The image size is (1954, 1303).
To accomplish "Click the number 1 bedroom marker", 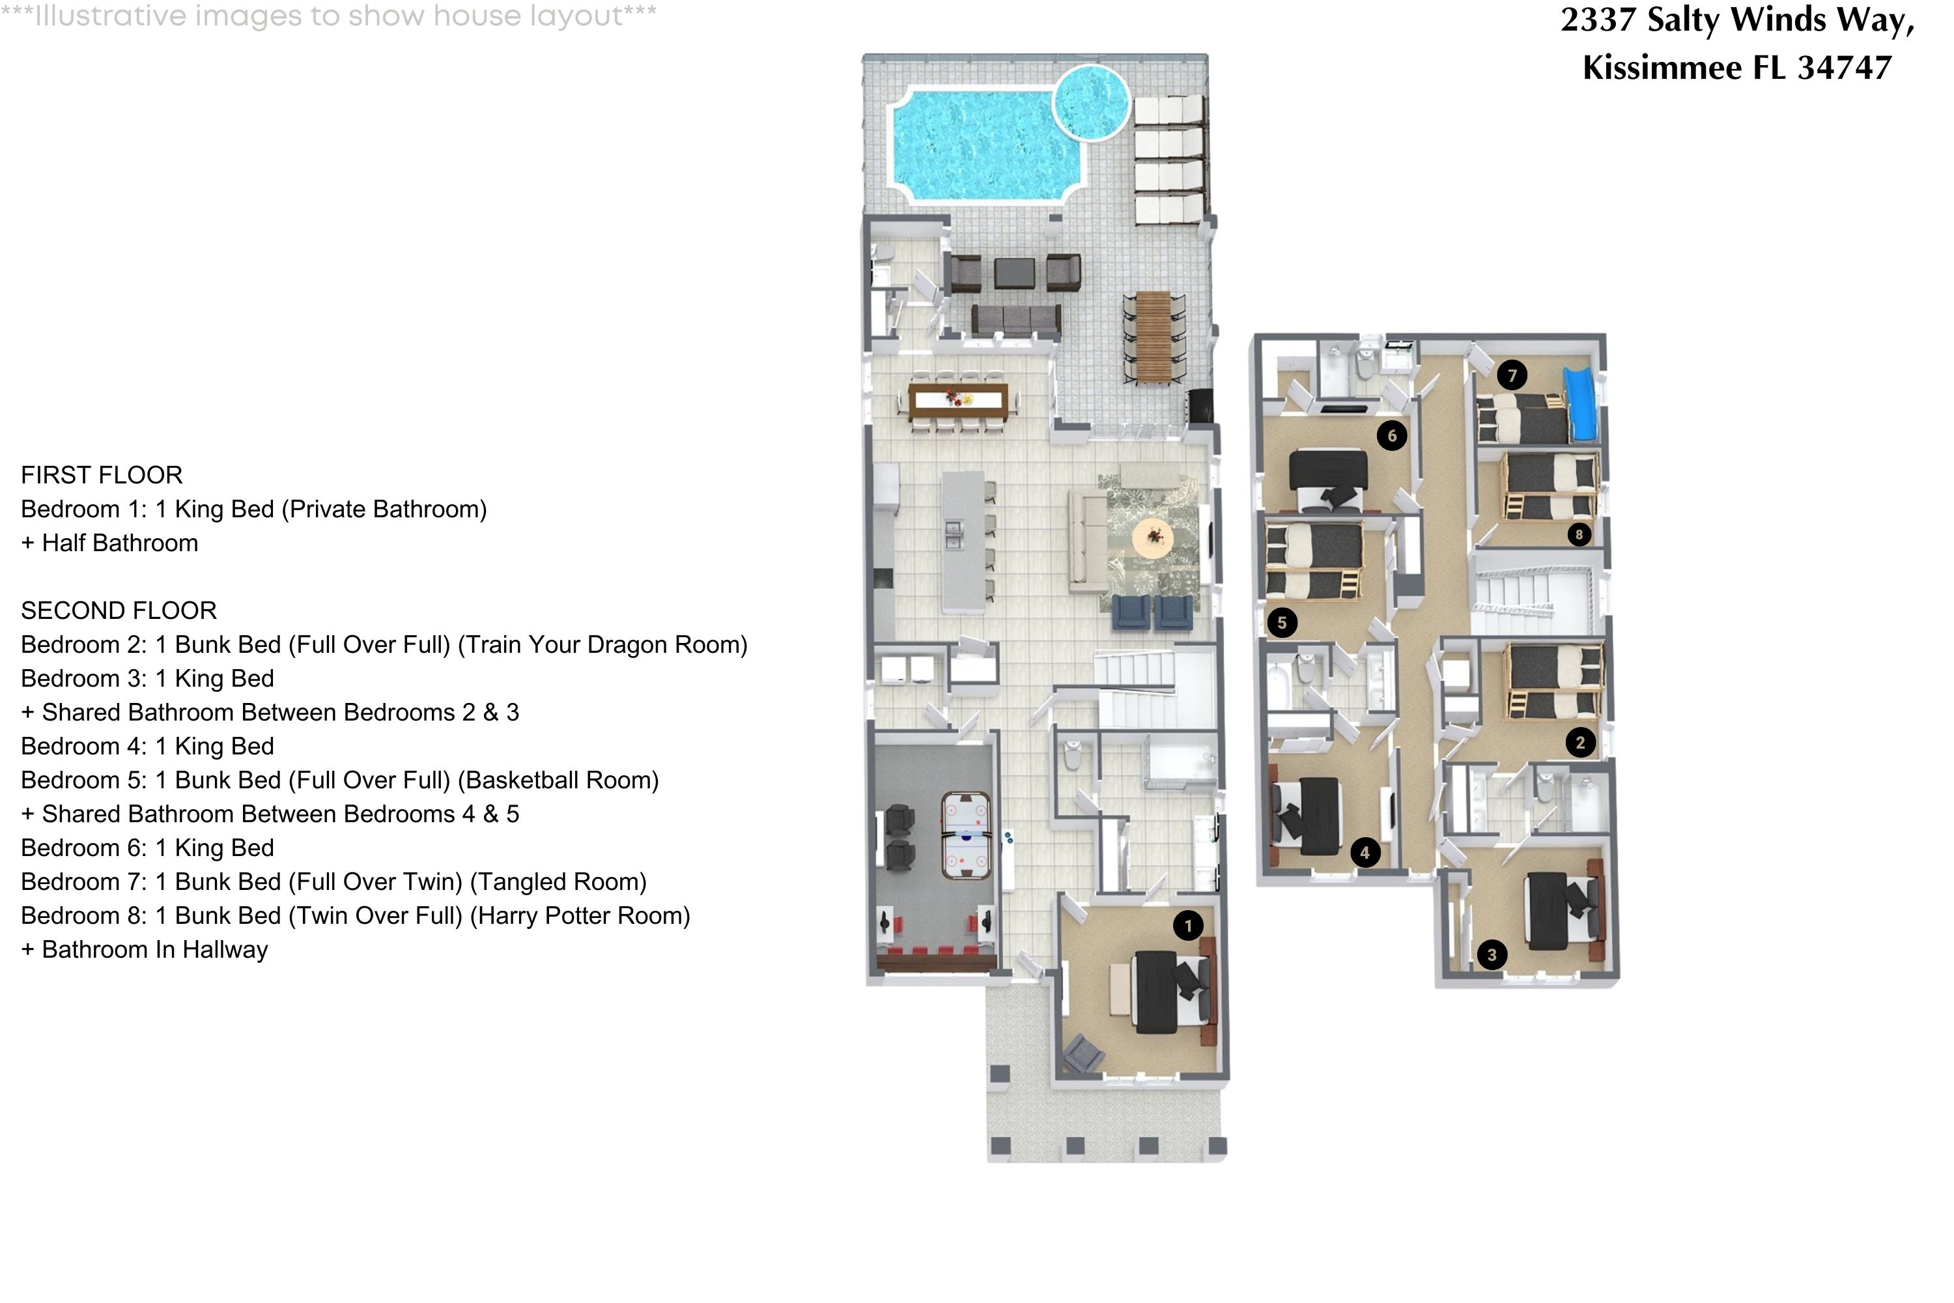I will [1188, 925].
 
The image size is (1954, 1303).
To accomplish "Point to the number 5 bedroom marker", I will [1282, 622].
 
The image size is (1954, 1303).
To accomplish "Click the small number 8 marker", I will [1579, 534].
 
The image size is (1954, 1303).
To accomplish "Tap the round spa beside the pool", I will [1092, 102].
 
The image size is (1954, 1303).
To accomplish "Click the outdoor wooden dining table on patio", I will [1152, 337].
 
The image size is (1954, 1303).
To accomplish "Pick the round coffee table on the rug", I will [1154, 537].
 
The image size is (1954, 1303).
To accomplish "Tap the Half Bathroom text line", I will [109, 543].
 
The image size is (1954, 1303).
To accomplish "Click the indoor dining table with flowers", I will [958, 401].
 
